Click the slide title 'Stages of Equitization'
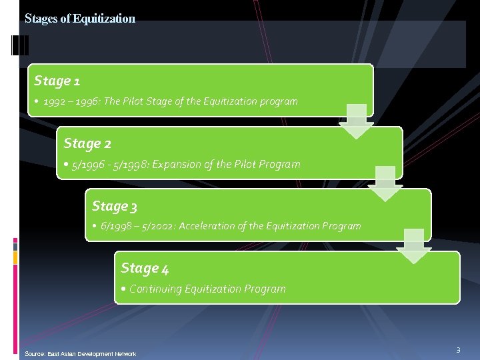tap(80, 19)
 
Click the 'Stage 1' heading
tap(57, 81)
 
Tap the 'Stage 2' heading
tap(87, 143)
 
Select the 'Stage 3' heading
tap(115, 206)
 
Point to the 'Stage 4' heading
tap(145, 268)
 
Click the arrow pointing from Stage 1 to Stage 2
tap(357, 121)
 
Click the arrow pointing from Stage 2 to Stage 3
tap(385, 183)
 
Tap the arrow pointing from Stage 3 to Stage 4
tap(414, 245)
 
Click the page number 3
tap(458, 350)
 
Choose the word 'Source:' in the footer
tap(34, 353)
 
